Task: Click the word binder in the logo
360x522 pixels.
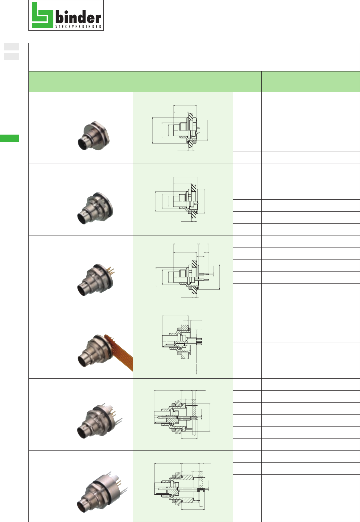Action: (78, 17)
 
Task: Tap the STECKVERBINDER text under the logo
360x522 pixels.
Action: (78, 27)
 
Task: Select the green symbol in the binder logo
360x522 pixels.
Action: (42, 15)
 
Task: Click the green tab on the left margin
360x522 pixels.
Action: (9, 138)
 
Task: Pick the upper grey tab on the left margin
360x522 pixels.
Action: (11, 47)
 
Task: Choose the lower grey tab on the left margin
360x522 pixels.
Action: (11, 56)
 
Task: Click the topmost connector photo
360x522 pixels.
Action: (94, 136)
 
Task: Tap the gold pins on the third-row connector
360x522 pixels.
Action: (112, 271)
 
